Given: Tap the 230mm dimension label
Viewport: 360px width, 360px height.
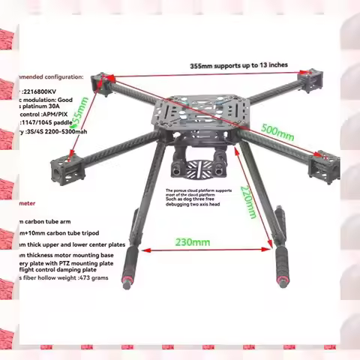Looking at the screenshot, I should (193, 241).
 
